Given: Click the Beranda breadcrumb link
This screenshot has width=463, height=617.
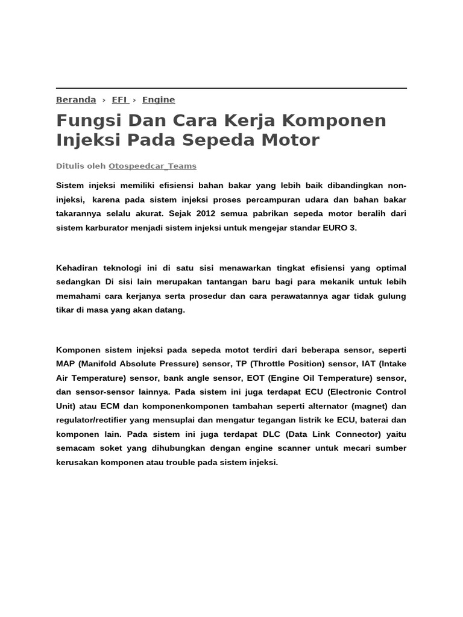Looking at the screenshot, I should pyautogui.click(x=76, y=100).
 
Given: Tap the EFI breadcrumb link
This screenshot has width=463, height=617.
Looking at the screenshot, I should pyautogui.click(x=119, y=100).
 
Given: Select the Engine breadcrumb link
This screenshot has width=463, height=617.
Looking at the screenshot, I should pyautogui.click(x=159, y=100).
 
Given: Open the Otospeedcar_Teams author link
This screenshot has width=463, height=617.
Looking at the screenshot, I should pyautogui.click(x=153, y=166).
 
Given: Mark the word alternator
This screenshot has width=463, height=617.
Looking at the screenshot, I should pyautogui.click(x=326, y=406).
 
